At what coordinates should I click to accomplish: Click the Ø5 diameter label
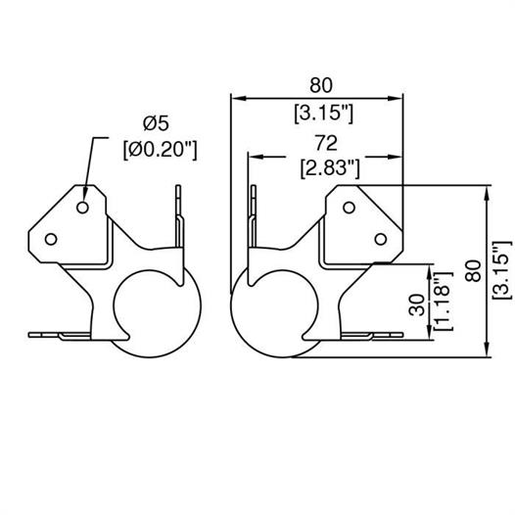156,123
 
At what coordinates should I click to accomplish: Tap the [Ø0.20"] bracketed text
161,150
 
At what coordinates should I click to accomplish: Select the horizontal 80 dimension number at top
321,85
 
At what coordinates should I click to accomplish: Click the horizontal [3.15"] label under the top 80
323,114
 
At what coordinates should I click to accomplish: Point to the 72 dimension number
326,143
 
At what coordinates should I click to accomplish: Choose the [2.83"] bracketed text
330,168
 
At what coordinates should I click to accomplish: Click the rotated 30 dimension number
417,304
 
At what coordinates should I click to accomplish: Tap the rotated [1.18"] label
444,302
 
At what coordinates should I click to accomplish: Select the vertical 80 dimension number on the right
474,270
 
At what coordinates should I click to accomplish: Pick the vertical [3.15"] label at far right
502,270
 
